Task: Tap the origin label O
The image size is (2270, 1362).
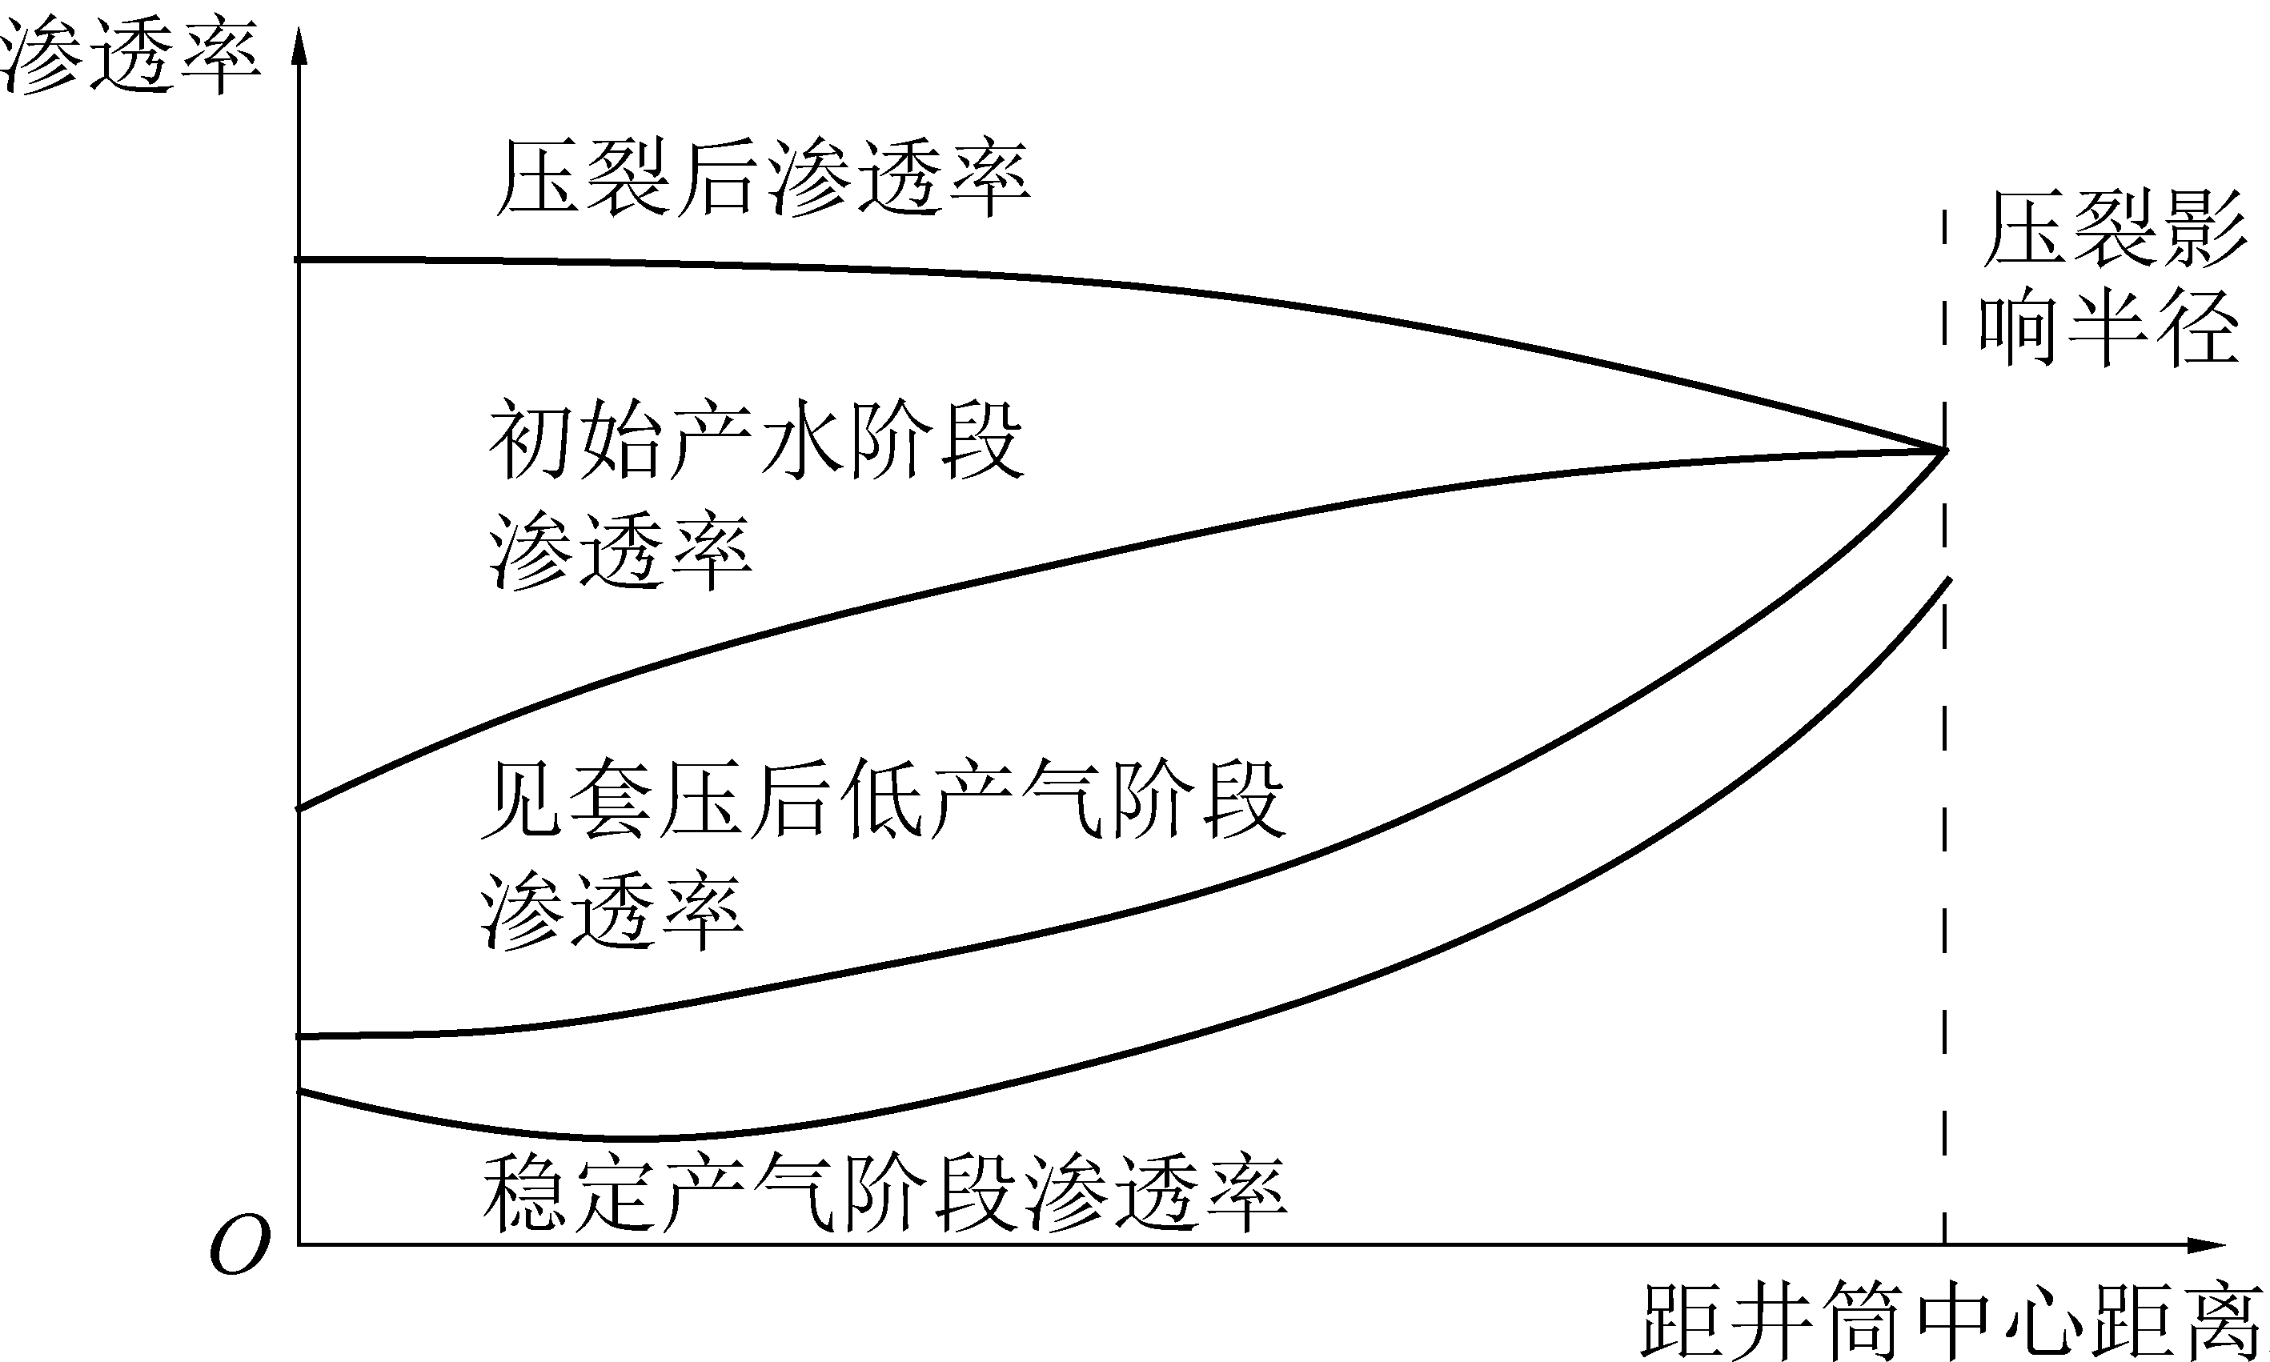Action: tap(239, 1245)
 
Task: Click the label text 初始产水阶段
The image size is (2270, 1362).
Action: tap(756, 439)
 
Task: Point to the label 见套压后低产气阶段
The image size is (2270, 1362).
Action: tap(883, 798)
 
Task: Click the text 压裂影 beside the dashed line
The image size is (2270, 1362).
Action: tap(2114, 229)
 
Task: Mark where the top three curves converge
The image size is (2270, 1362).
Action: tap(1943, 451)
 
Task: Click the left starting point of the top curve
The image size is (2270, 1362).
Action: tap(296, 261)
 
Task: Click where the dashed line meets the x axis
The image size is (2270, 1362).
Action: tap(1943, 1245)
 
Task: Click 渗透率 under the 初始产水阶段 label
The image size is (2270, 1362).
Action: tap(620, 551)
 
